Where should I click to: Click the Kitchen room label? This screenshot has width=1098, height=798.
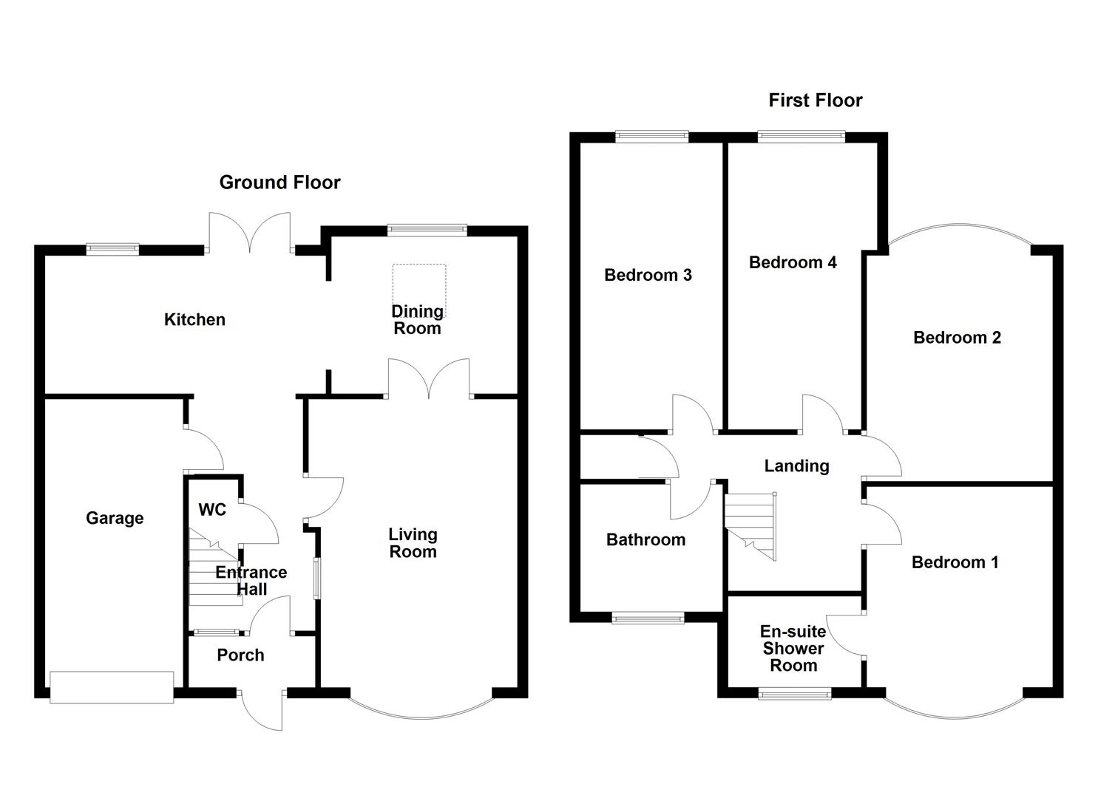(x=194, y=320)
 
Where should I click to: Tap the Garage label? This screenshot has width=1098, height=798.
(x=115, y=518)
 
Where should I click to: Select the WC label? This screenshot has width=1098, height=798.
(x=212, y=510)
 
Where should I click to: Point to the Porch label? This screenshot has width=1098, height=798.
(x=240, y=655)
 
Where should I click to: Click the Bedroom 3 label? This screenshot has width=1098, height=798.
(x=648, y=276)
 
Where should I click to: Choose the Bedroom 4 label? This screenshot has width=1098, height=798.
(x=793, y=262)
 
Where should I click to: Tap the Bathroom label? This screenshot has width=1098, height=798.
(x=645, y=540)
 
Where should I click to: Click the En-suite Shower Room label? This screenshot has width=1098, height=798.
(x=793, y=648)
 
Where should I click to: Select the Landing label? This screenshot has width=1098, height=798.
(x=796, y=465)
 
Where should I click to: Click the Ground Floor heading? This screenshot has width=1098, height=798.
(x=279, y=183)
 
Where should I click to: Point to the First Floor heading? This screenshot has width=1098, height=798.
(x=815, y=100)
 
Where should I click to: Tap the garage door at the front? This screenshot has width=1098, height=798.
(x=112, y=687)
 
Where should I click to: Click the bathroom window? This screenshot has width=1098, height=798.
(x=648, y=618)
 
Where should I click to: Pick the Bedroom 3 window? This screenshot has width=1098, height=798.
(x=652, y=137)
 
